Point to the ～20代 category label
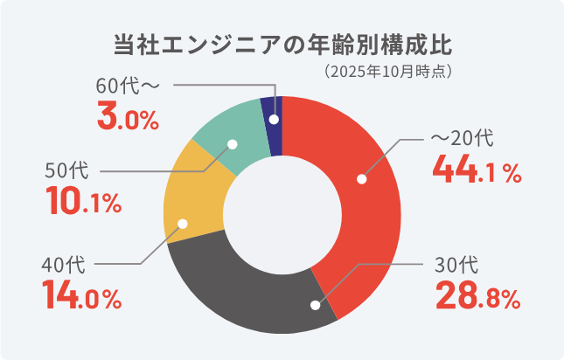pyautogui.click(x=463, y=138)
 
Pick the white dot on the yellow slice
pyautogui.click(x=183, y=223)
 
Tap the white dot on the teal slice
pyautogui.click(x=232, y=144)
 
